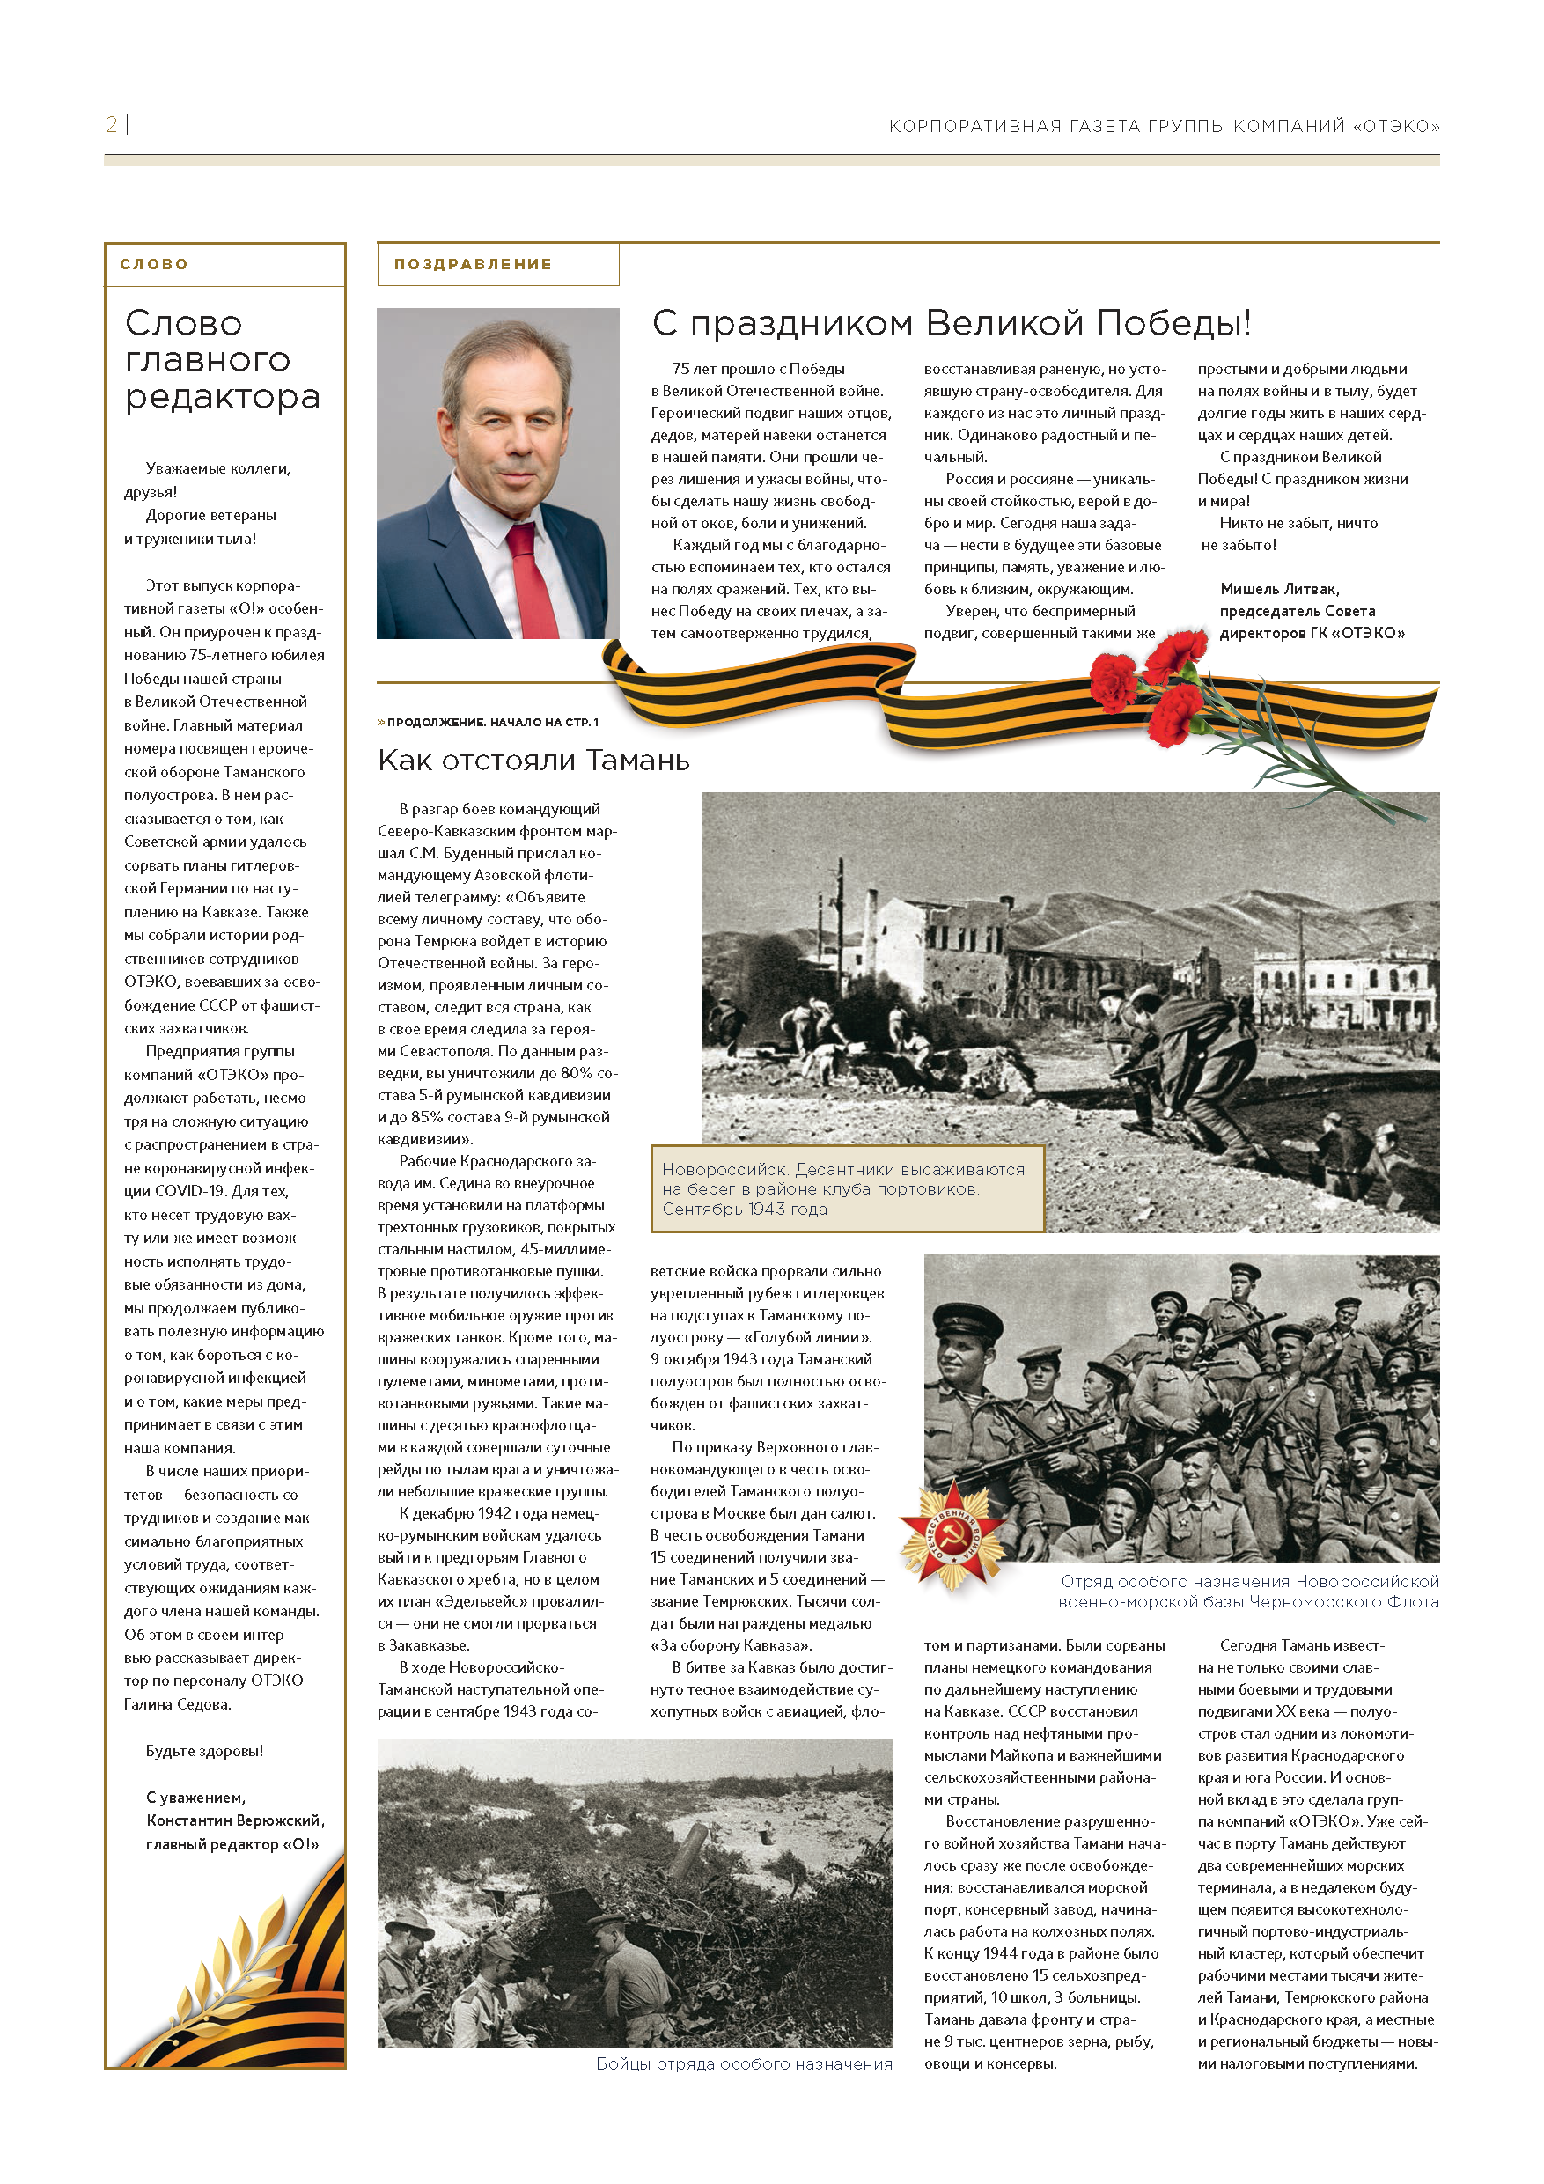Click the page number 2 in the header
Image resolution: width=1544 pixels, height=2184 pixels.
click(x=111, y=125)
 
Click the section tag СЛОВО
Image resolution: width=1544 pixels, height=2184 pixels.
click(x=154, y=264)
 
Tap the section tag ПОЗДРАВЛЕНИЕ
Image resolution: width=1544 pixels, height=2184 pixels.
click(x=473, y=264)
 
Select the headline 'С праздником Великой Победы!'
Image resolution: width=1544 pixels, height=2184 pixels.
click(x=951, y=323)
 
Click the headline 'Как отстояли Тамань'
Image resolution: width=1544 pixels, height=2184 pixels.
click(x=533, y=760)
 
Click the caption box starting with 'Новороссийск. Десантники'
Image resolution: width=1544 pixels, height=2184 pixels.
click(x=846, y=1189)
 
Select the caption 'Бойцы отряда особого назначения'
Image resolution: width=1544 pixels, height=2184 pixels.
click(x=744, y=2063)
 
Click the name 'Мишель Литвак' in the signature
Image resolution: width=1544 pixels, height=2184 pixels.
click(x=1280, y=589)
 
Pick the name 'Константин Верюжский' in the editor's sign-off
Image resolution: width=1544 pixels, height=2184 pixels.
click(x=235, y=1820)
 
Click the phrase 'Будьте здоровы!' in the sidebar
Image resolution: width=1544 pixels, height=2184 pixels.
click(x=204, y=1750)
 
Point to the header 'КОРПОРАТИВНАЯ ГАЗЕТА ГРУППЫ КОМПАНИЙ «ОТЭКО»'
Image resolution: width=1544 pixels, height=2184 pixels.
click(x=1164, y=127)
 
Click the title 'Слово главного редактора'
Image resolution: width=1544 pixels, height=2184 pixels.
click(x=222, y=359)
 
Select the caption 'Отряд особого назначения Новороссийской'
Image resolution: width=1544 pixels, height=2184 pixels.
click(x=1249, y=1581)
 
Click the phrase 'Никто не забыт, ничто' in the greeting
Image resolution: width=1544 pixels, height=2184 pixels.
click(x=1298, y=523)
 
